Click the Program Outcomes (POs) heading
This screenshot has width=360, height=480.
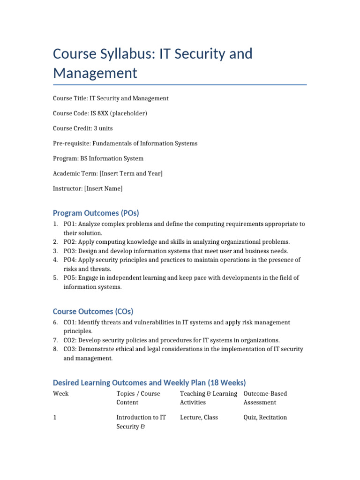(96, 213)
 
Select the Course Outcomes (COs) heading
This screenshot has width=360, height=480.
(93, 311)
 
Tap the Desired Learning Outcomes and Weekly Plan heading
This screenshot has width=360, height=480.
(150, 382)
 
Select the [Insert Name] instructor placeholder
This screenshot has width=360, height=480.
(103, 188)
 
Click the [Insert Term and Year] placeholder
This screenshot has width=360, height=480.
(131, 173)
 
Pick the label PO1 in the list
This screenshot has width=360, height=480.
(69, 224)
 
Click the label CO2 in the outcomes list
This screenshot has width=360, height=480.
(70, 340)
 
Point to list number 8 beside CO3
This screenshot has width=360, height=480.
(55, 349)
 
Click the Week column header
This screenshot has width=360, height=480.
(61, 394)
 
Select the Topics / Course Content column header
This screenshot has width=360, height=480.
(138, 398)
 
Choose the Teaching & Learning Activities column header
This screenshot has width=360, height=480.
(208, 398)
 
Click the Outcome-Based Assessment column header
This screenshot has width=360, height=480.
(265, 398)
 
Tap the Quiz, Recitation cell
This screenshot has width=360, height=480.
(265, 418)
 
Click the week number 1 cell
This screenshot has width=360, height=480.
(55, 418)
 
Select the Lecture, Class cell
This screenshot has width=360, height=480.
(199, 418)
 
